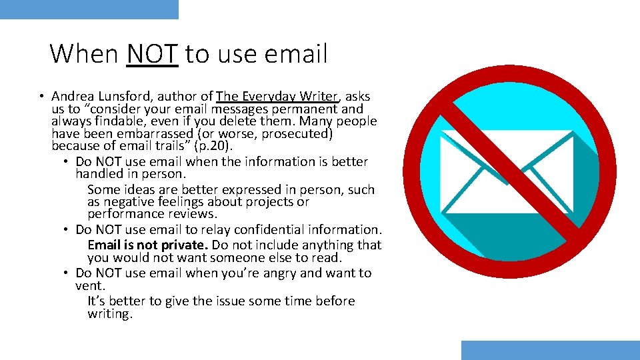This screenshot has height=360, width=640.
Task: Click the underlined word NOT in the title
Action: pyautogui.click(x=152, y=54)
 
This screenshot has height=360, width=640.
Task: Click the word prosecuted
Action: pyautogui.click(x=297, y=133)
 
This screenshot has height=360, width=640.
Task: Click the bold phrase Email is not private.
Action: pyautogui.click(x=147, y=245)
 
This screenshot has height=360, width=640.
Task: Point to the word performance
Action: pyautogui.click(x=127, y=214)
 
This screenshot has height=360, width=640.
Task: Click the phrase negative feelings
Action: pyautogui.click(x=153, y=201)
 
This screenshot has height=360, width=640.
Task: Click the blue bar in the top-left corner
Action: pyautogui.click(x=89, y=9)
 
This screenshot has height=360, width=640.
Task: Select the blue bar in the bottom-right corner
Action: pyautogui.click(x=550, y=350)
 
